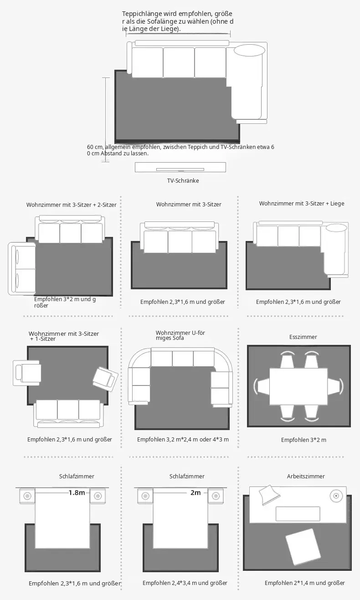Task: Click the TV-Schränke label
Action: [x=183, y=180]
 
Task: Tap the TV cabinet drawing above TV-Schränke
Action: [x=180, y=167]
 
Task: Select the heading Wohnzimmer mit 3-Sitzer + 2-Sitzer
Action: [x=71, y=205]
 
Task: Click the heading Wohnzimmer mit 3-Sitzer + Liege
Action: [x=302, y=204]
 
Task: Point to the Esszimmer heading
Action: [x=303, y=337]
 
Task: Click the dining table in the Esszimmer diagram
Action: [x=298, y=386]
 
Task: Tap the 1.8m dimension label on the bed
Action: [x=77, y=492]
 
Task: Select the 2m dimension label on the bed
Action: [x=195, y=492]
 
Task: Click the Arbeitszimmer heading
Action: [x=306, y=476]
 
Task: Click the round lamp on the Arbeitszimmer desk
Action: [x=336, y=496]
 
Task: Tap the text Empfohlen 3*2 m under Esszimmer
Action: [x=303, y=440]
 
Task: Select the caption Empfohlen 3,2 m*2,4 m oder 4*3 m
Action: [x=183, y=439]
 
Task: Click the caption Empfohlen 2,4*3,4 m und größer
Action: [x=185, y=583]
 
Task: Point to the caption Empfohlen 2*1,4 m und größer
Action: [x=304, y=583]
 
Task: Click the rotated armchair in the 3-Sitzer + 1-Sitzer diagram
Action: [x=106, y=379]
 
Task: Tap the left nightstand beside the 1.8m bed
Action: [x=27, y=496]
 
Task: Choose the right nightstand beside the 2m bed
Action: [x=216, y=496]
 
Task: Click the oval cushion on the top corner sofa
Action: [x=249, y=51]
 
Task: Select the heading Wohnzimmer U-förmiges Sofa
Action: [x=180, y=335]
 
